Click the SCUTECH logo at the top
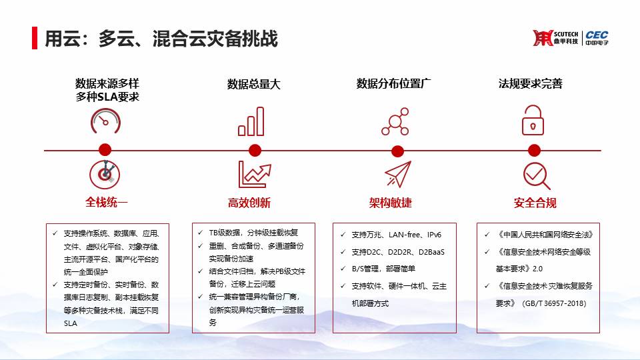point(555,38)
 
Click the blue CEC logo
point(597,37)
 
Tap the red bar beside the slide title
point(35,38)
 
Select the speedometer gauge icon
point(105,121)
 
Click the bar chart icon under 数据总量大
point(251,121)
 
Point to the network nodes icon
point(395,121)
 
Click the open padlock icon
point(533,120)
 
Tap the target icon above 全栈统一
point(105,174)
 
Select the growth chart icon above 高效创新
point(255,174)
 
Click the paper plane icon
point(397,174)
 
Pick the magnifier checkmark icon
point(536,176)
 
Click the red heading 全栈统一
point(106,202)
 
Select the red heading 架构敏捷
point(390,203)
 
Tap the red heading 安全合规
point(535,203)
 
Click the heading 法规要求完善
point(530,84)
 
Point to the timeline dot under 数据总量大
point(255,151)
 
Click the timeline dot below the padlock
point(534,151)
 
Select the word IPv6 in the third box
point(434,235)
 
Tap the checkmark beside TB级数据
point(200,233)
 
